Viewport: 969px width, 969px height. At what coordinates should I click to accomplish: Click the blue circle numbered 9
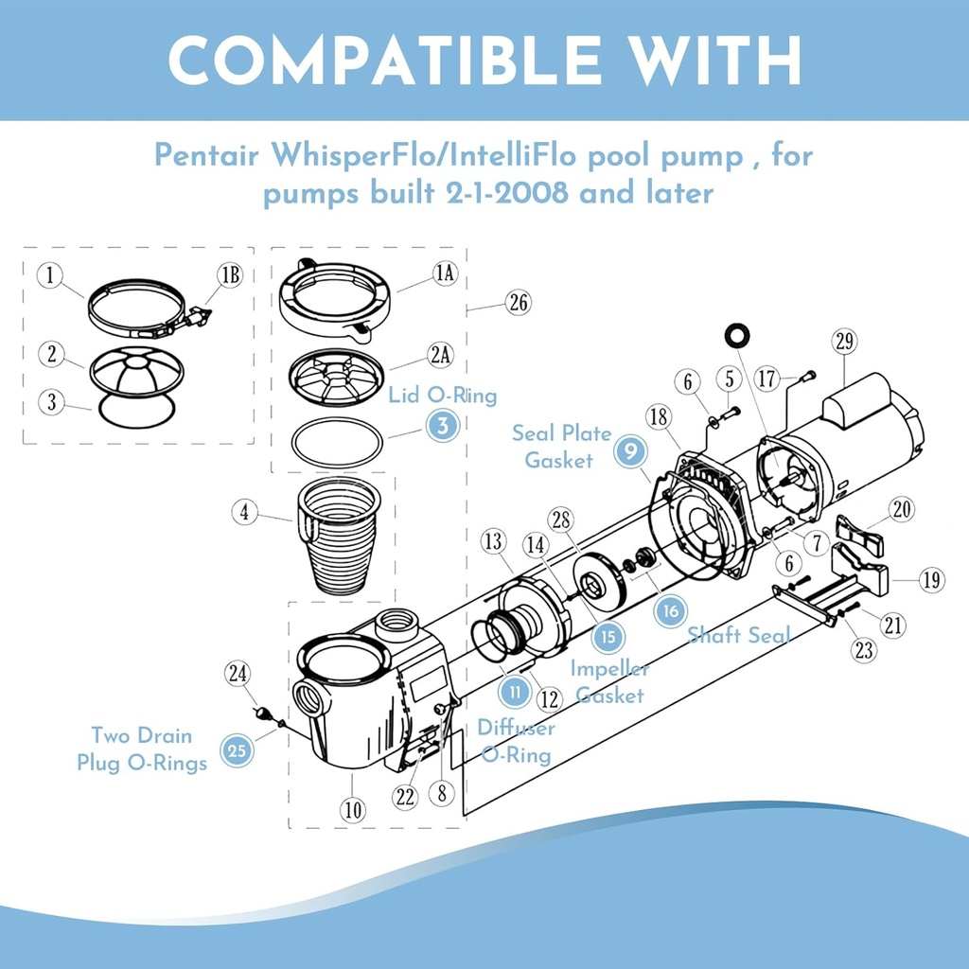coord(629,451)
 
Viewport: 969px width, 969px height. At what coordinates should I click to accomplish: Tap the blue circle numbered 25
coord(238,750)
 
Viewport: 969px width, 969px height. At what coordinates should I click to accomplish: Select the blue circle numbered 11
coord(515,692)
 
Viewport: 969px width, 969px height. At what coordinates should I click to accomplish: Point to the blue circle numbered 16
coord(670,610)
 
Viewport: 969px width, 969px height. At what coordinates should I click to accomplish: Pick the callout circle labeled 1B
coord(230,275)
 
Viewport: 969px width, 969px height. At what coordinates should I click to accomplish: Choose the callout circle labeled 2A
coord(439,356)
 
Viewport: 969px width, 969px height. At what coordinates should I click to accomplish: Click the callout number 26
coord(517,303)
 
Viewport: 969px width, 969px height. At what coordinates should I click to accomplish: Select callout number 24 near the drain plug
coord(238,674)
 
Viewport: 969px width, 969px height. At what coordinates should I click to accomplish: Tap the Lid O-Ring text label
coord(442,395)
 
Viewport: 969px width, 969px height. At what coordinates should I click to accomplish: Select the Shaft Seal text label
coord(738,634)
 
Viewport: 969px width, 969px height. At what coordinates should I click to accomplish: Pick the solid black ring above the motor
coord(735,336)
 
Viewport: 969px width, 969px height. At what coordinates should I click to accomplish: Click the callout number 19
coord(931,580)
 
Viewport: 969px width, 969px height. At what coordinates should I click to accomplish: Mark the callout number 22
coord(405,797)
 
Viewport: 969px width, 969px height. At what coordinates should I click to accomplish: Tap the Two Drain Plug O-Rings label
coord(142,749)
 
